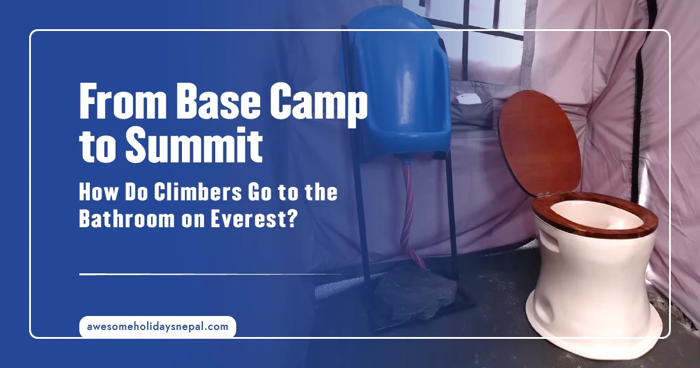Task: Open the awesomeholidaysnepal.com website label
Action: pyautogui.click(x=157, y=327)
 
